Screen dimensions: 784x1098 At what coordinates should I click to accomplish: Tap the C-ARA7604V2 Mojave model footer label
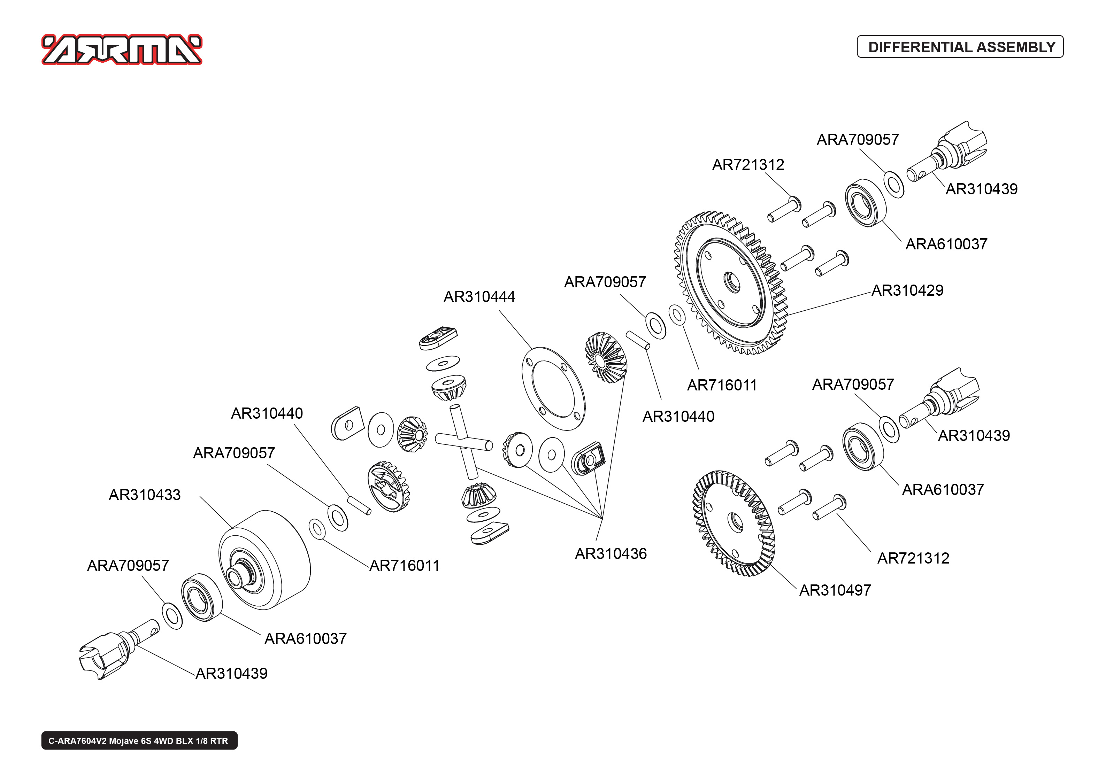tap(139, 740)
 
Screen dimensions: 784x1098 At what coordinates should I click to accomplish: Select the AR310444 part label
tap(479, 296)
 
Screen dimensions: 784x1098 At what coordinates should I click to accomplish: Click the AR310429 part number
tap(907, 290)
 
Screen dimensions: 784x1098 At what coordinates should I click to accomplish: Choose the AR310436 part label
tap(610, 554)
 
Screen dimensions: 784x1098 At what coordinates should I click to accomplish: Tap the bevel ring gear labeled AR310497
tap(734, 523)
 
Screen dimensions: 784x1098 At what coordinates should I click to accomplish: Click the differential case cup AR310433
tap(264, 560)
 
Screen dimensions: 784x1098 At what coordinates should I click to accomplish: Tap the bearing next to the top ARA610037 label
tap(865, 203)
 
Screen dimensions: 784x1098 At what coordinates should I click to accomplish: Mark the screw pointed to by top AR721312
tap(784, 210)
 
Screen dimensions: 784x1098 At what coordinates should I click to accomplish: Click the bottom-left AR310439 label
tap(231, 674)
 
